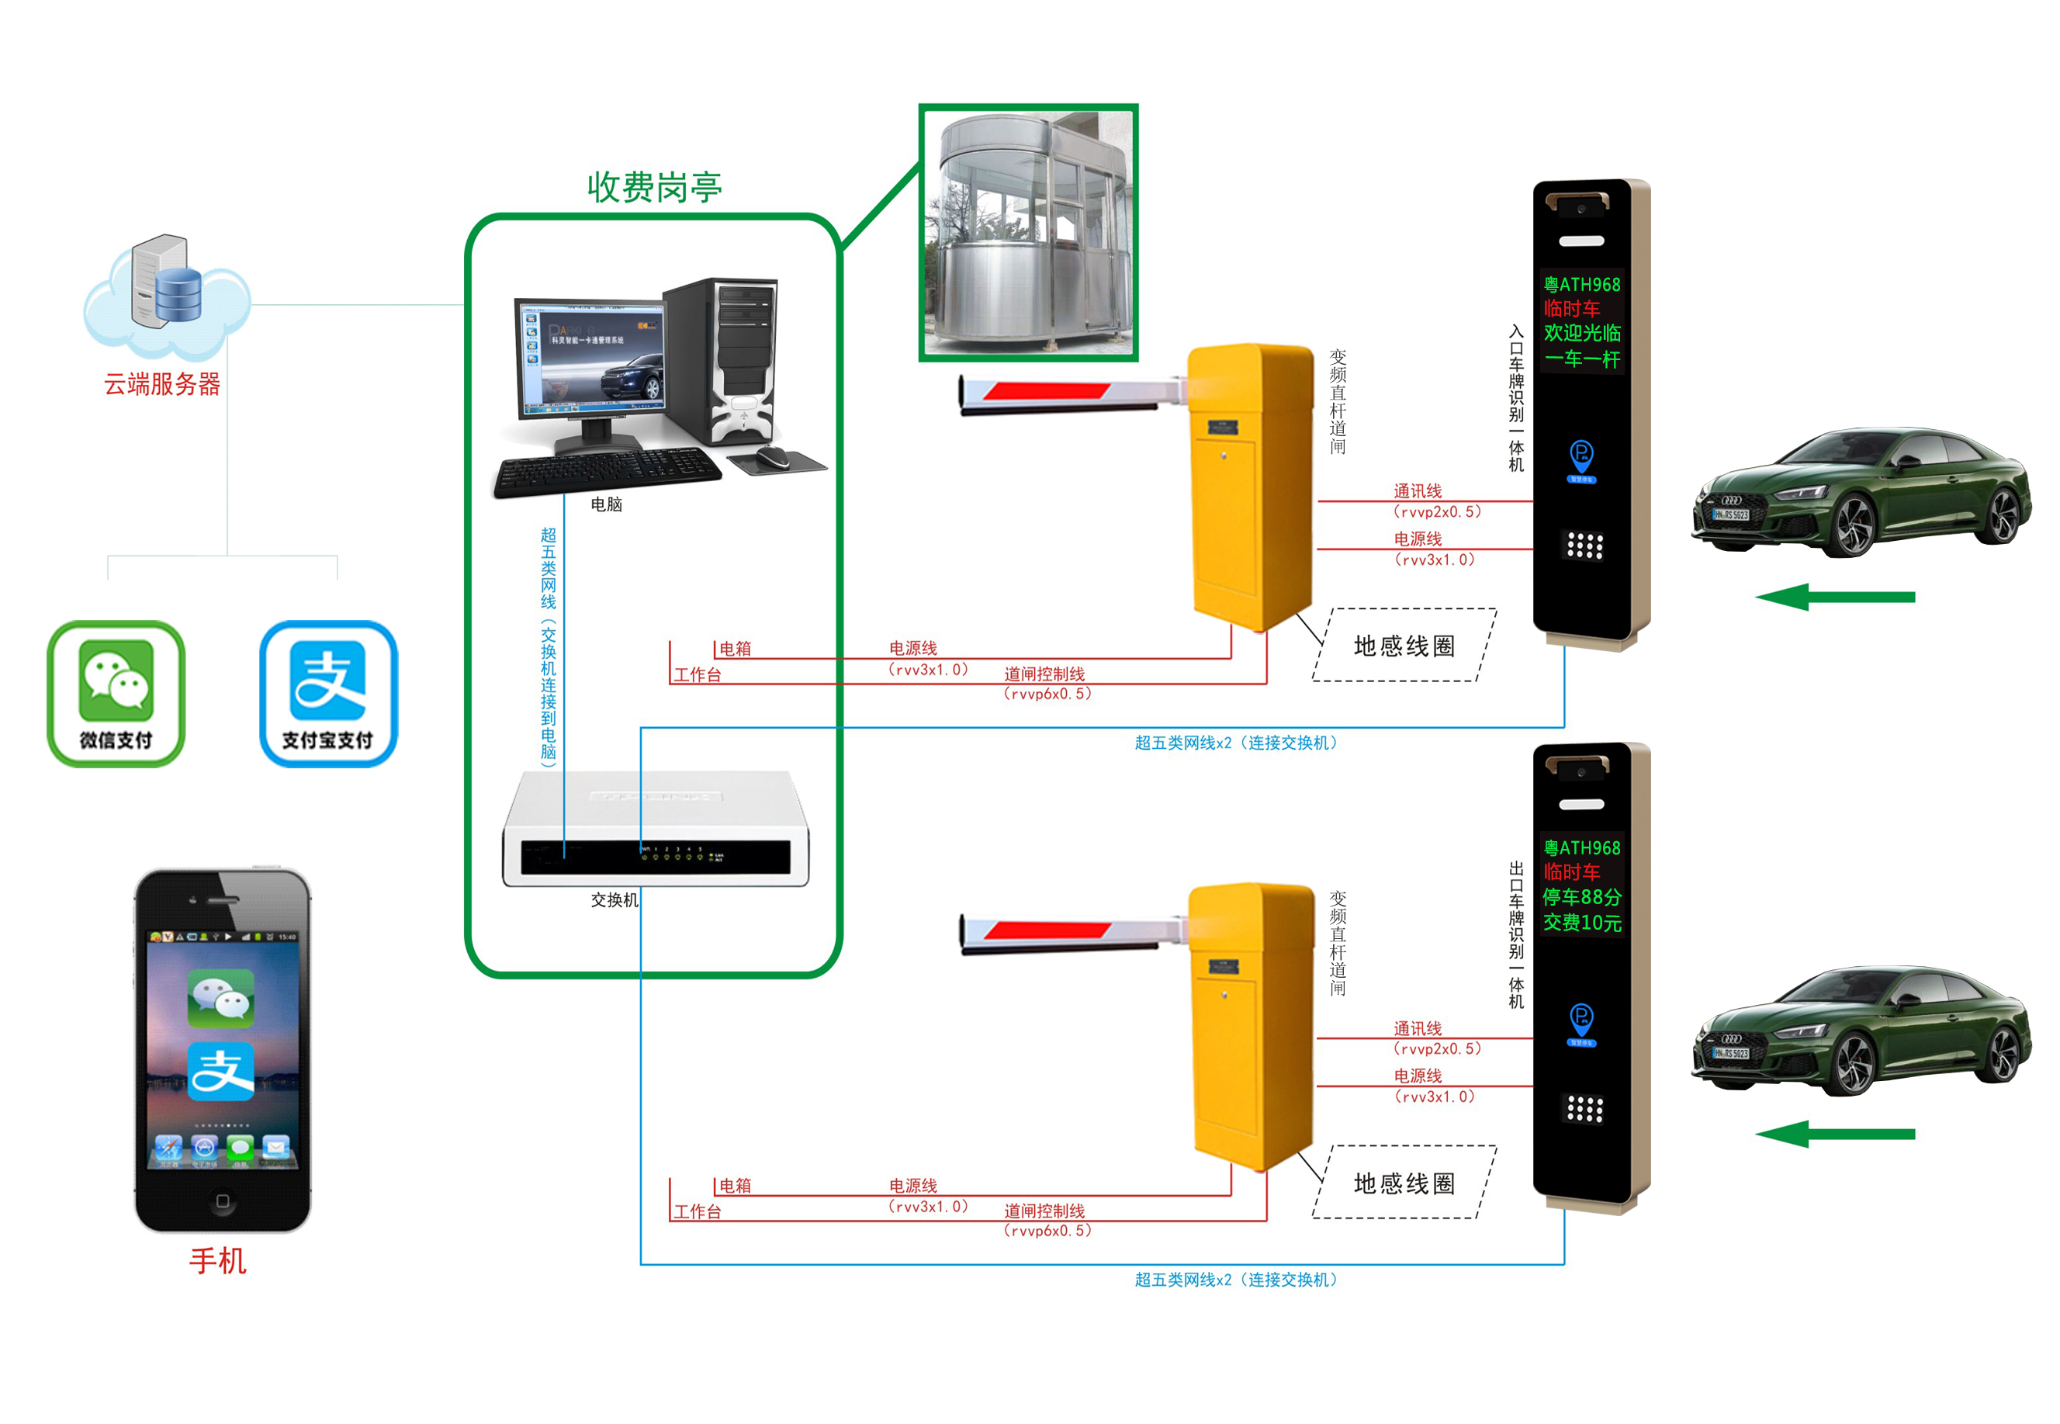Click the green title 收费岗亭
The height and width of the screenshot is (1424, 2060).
tap(654, 187)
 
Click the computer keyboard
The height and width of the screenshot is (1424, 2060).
tap(607, 470)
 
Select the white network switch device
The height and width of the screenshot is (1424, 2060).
tap(655, 830)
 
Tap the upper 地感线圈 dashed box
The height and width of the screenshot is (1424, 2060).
tap(1404, 645)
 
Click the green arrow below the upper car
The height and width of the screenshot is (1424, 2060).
tap(1833, 597)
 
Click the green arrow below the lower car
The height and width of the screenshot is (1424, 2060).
tap(1833, 1134)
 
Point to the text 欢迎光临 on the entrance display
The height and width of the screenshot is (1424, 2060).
tap(1581, 333)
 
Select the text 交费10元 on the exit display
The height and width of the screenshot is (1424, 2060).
tap(1581, 922)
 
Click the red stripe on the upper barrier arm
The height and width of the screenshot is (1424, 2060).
tap(1046, 390)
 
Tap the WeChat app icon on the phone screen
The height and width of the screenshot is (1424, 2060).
tap(220, 996)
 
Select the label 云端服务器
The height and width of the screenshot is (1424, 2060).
tap(162, 385)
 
